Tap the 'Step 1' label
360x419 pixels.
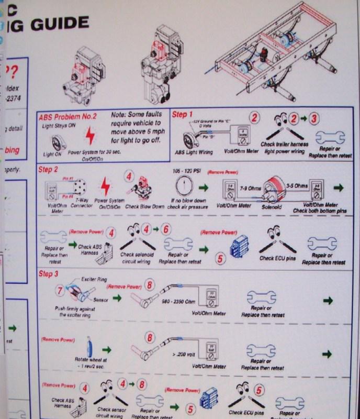[x=183, y=114]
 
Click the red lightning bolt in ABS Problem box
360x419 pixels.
[x=91, y=137]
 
